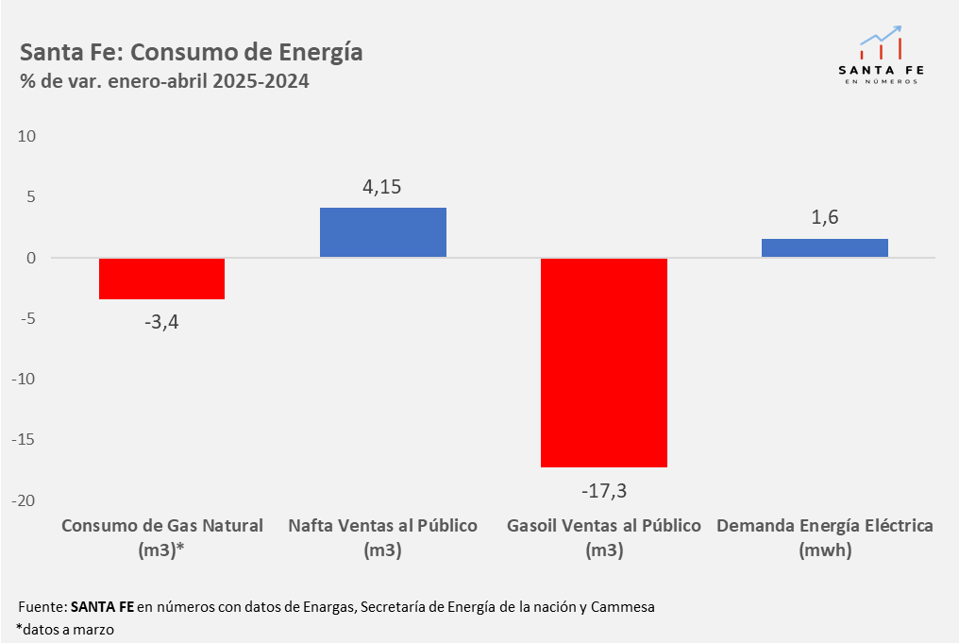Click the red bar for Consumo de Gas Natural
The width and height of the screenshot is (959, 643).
tap(161, 279)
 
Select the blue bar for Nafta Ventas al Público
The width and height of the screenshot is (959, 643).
tap(382, 232)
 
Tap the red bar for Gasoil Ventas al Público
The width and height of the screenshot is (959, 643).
tap(603, 362)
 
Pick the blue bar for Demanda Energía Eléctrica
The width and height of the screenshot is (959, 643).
tap(824, 247)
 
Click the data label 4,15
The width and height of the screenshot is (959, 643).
tap(382, 187)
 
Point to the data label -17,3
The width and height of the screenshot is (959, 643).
tap(603, 491)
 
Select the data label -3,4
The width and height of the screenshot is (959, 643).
tap(161, 322)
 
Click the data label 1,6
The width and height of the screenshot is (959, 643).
tap(824, 217)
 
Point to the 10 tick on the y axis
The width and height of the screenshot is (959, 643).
tap(26, 136)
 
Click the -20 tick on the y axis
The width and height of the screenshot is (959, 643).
tap(24, 500)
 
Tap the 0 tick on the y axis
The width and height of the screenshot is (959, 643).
tap(31, 258)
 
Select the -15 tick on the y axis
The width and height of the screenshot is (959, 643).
tap(24, 440)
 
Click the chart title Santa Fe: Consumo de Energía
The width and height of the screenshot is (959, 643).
tap(191, 51)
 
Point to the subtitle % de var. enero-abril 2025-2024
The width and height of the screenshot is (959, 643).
tap(164, 81)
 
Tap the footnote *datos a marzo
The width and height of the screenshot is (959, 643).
tap(65, 628)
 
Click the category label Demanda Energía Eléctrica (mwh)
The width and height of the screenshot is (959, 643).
tap(824, 537)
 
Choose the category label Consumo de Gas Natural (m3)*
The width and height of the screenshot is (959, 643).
tap(161, 537)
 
